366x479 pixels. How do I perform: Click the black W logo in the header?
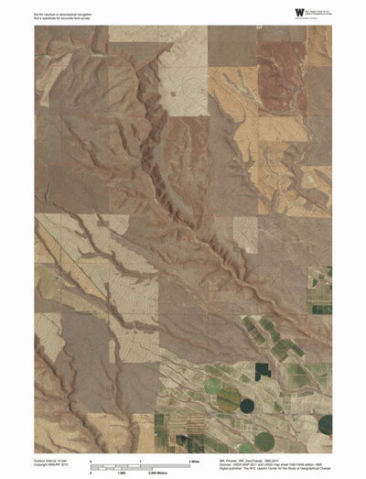(x=299, y=12)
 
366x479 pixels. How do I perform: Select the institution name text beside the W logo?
(x=319, y=13)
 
